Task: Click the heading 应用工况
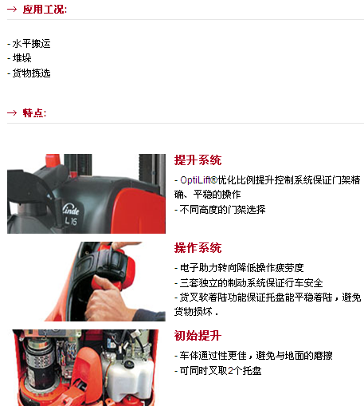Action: click(45, 10)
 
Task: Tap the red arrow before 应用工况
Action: click(12, 10)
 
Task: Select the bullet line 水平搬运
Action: click(29, 44)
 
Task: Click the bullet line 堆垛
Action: click(19, 58)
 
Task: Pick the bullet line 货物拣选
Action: click(29, 73)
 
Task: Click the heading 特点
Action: click(34, 113)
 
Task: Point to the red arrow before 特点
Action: click(12, 113)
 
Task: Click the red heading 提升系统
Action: click(198, 160)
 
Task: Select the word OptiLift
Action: click(197, 180)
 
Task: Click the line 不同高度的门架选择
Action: click(220, 210)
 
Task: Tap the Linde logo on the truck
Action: click(71, 210)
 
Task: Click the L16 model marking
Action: click(71, 221)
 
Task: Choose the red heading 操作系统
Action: click(198, 248)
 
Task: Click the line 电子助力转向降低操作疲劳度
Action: click(239, 268)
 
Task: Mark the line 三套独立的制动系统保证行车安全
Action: click(249, 282)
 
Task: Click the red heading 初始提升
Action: click(198, 336)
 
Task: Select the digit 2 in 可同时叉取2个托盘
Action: click(230, 370)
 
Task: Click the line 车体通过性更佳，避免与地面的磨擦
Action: click(253, 356)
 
